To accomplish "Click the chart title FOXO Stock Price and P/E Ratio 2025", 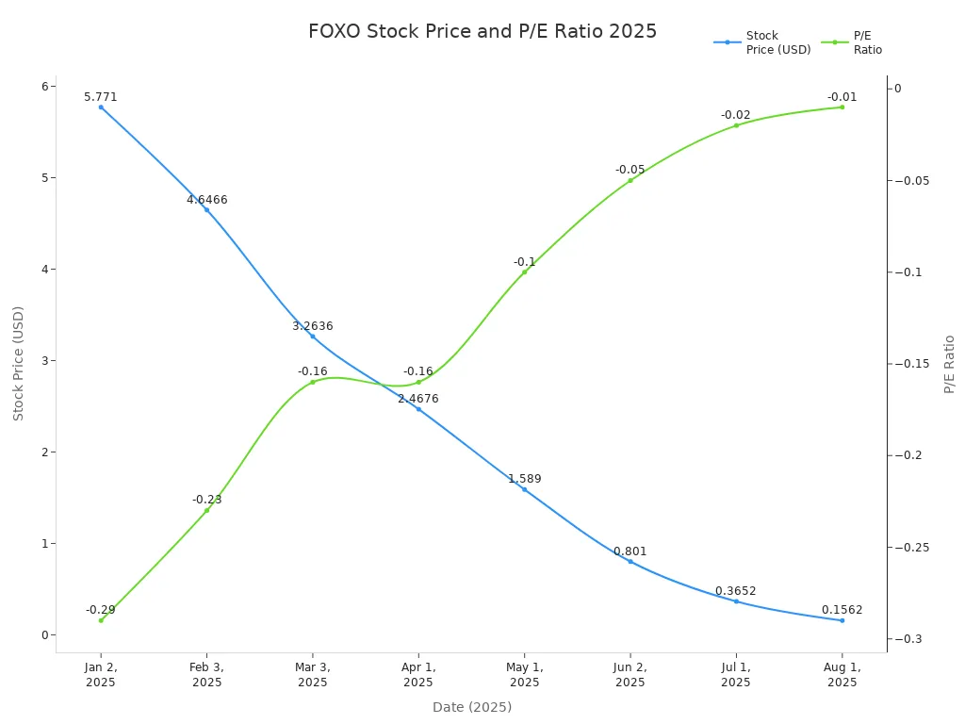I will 482,31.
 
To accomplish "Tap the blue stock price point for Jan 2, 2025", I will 101,107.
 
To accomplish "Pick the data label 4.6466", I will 207,200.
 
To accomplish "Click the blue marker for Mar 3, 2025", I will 313,337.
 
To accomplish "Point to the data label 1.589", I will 525,479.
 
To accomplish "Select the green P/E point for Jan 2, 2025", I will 101,620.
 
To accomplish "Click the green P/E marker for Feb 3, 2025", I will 207,511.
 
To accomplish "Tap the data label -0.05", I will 630,170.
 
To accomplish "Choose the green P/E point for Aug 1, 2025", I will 842,107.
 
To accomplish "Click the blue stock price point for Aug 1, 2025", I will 842,620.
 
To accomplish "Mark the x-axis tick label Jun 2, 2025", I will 630,674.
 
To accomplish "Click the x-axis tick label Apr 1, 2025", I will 418,674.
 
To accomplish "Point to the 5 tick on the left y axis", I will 43,178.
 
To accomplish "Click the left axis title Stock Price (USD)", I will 19,363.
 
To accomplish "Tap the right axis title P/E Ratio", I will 950,364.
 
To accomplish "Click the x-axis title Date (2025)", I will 472,707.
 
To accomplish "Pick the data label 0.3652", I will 735,591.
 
